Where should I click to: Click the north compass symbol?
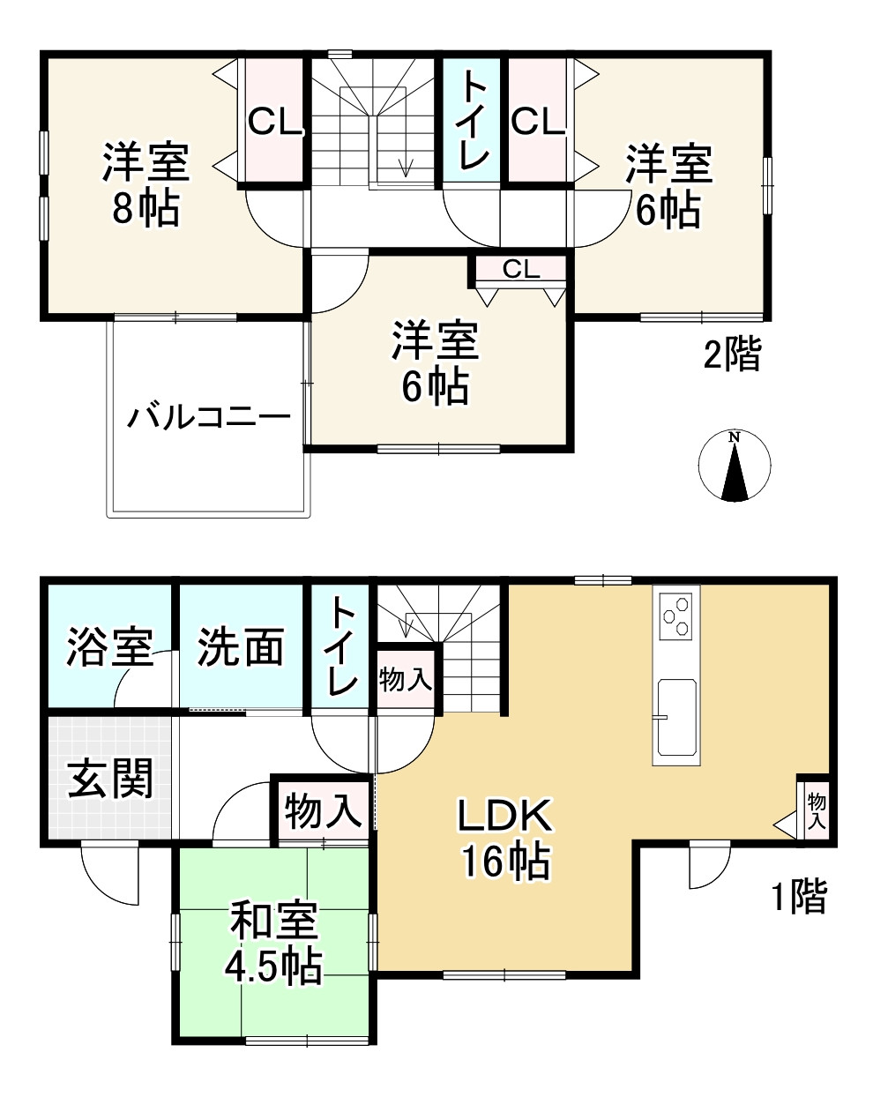pos(734,466)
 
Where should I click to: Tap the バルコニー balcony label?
pos(208,414)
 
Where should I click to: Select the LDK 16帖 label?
pos(504,839)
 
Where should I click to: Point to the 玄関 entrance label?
pos(110,779)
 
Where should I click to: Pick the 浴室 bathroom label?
pos(109,649)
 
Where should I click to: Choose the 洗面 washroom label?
pos(240,649)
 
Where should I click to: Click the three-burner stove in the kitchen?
pos(676,615)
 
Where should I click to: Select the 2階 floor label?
pos(731,355)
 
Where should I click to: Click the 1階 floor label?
pos(800,897)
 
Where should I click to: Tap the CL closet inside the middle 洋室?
pos(521,270)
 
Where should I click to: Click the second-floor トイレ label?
pos(472,120)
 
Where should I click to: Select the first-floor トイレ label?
pos(342,647)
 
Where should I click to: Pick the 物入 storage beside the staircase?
pos(405,680)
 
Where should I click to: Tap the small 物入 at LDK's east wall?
pos(816,810)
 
